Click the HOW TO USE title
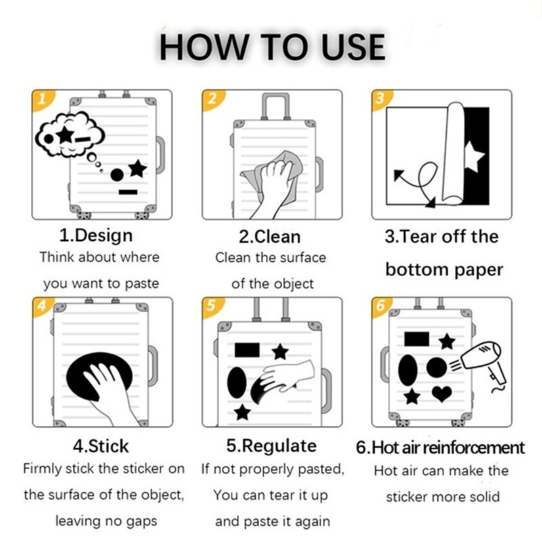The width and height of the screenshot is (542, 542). click(x=272, y=47)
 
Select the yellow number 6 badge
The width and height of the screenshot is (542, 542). click(x=381, y=306)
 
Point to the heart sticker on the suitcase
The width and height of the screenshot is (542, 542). click(x=442, y=394)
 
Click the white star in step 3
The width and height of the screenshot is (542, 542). click(x=473, y=157)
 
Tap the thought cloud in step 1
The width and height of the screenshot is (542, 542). click(x=70, y=135)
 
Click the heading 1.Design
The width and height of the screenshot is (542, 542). click(x=96, y=236)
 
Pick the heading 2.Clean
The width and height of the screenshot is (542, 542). click(x=270, y=236)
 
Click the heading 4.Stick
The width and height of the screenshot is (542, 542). click(x=100, y=446)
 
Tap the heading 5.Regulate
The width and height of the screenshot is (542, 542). click(x=272, y=446)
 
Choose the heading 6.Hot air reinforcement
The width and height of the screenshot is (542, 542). click(x=440, y=447)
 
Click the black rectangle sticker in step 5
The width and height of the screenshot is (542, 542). click(x=247, y=350)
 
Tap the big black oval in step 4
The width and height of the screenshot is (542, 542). click(x=100, y=376)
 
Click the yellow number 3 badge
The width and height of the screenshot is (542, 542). click(x=381, y=100)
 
